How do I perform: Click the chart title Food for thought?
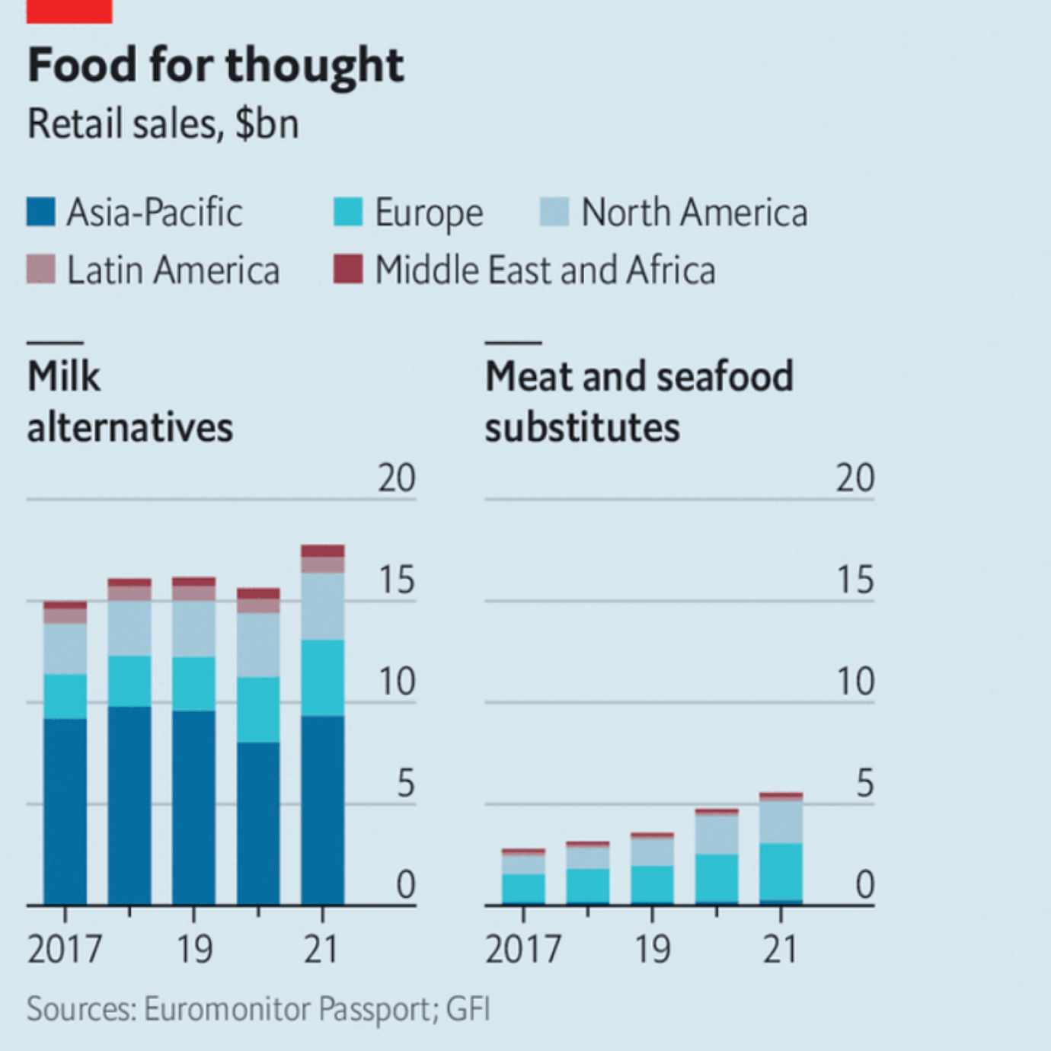click(216, 65)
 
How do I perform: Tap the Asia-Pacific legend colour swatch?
click(41, 212)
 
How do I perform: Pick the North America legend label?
click(694, 212)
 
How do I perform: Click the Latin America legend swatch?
click(41, 270)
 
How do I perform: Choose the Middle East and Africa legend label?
click(545, 270)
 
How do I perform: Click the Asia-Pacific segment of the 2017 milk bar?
click(65, 811)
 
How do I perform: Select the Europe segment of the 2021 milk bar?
click(323, 678)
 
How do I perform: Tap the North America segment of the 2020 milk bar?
click(258, 645)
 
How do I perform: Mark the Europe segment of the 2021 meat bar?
click(781, 871)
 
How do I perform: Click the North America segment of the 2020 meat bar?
click(717, 835)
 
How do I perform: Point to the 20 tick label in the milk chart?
click(397, 478)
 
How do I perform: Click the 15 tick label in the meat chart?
click(855, 580)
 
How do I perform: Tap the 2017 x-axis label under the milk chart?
click(65, 949)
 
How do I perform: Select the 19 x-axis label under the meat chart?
click(653, 949)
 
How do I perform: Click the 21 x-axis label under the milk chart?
click(321, 949)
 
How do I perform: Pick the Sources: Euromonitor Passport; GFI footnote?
click(258, 1009)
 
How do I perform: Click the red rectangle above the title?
click(69, 11)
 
